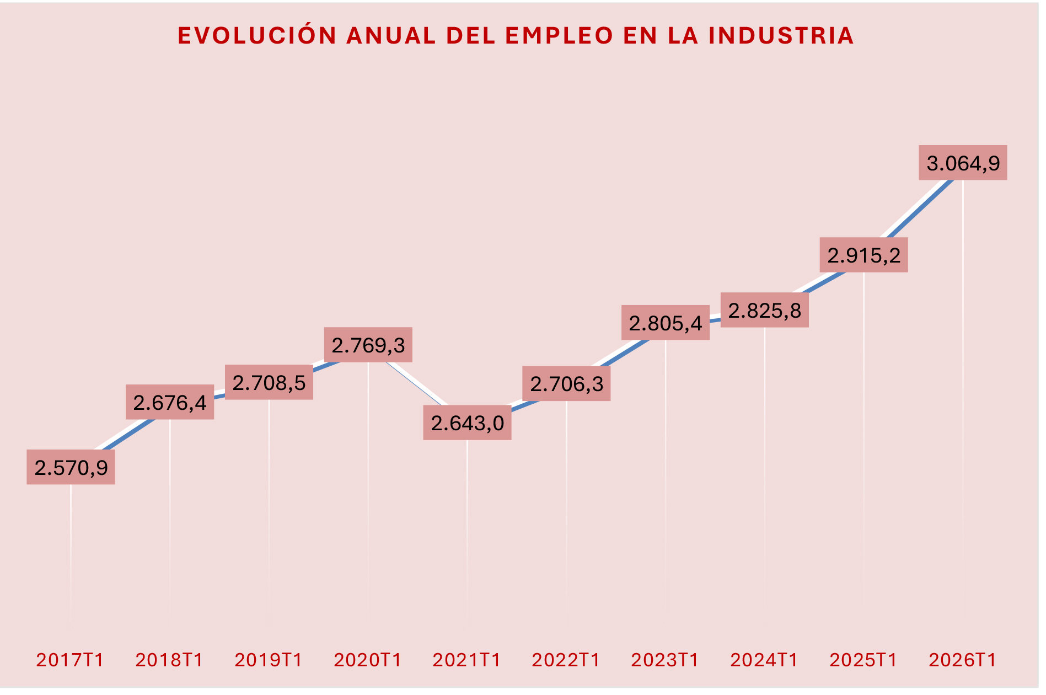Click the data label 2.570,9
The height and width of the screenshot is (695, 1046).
pos(71,468)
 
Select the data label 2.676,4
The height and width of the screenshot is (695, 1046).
pos(170,403)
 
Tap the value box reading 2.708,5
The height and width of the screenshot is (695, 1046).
pos(269,383)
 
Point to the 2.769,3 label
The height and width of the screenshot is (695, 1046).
pos(368,345)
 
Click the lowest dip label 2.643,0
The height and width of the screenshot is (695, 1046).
pos(467,423)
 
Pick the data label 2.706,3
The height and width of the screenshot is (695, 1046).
pos(566,384)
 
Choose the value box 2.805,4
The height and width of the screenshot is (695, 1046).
pos(666,323)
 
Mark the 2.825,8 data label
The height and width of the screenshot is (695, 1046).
pos(765,311)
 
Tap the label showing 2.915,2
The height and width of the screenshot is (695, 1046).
pos(863,255)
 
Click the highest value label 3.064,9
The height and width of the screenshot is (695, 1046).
pos(963,163)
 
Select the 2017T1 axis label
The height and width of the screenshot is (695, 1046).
pos(70,660)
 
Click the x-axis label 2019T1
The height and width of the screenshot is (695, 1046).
pos(269,660)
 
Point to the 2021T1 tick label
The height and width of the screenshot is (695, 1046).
pos(466,660)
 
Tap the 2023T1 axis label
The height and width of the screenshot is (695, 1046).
pos(665,660)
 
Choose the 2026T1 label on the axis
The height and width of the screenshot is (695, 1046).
pos(963,660)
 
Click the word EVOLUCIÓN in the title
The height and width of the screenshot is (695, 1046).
pos(257,36)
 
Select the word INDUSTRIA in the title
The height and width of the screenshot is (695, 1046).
pos(781,36)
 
